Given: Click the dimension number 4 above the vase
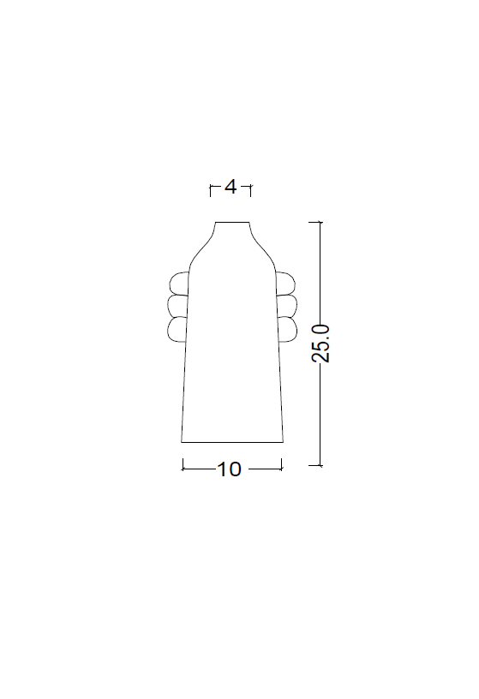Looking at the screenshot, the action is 231,187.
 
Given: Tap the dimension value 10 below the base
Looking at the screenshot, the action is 229,469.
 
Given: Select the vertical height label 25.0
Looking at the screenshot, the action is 321,344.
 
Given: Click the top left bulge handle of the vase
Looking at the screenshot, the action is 171,284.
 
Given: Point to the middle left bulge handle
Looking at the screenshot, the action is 169,306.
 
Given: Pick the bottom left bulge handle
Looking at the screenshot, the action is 169,329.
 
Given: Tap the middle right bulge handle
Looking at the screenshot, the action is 296,305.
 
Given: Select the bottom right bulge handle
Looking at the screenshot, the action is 296,329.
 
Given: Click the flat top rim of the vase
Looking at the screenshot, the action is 232,222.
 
